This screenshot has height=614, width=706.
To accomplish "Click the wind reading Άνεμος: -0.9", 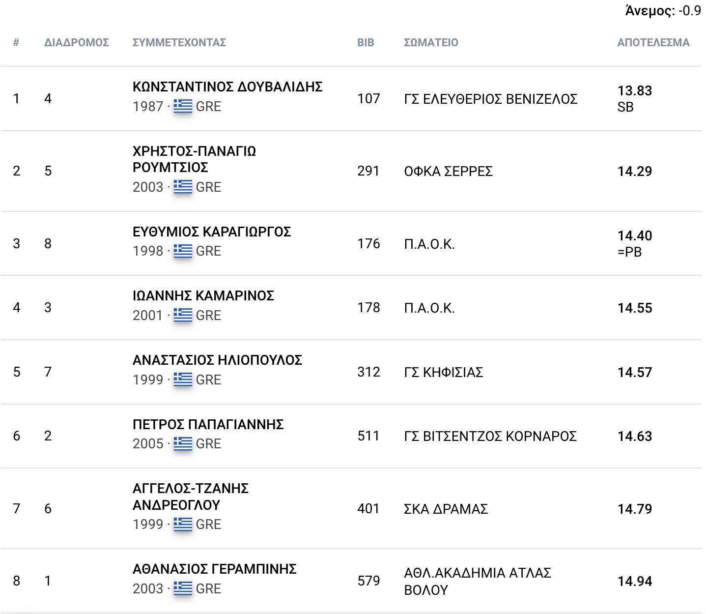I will tap(663, 11).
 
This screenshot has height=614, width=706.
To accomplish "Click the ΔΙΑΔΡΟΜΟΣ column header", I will tap(76, 43).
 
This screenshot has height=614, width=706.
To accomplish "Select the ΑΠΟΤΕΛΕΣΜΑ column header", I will tap(653, 43).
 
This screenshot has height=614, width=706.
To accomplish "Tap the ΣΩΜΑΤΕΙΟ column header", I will tap(430, 43).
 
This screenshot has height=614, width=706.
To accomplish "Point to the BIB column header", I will tap(366, 43).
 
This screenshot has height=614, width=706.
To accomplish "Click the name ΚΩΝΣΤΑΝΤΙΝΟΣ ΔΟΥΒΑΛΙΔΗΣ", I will tap(227, 87).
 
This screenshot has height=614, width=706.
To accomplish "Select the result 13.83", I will tap(634, 91).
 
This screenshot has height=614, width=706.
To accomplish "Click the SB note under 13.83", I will tap(625, 107).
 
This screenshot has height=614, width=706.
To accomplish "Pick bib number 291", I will tap(368, 171).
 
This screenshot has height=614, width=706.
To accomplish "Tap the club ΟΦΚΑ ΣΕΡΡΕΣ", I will tap(448, 172).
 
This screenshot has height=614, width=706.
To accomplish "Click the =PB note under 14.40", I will tap(629, 252).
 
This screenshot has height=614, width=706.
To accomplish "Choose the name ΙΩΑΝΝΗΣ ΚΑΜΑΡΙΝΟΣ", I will tap(203, 296).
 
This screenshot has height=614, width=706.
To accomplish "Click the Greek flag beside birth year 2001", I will tap(183, 315).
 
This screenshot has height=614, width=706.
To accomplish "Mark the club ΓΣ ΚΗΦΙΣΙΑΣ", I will tap(443, 373).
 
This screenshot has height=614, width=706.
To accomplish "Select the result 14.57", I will tap(634, 373).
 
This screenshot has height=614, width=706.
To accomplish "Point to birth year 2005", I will tap(148, 444).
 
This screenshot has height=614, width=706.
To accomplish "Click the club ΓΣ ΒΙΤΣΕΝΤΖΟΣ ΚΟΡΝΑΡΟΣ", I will tap(490, 437).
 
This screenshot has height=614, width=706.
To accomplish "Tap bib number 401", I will tap(368, 509).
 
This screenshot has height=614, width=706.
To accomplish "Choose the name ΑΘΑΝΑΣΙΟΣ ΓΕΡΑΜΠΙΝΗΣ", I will tap(215, 569).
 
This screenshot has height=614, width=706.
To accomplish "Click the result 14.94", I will tap(634, 582).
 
